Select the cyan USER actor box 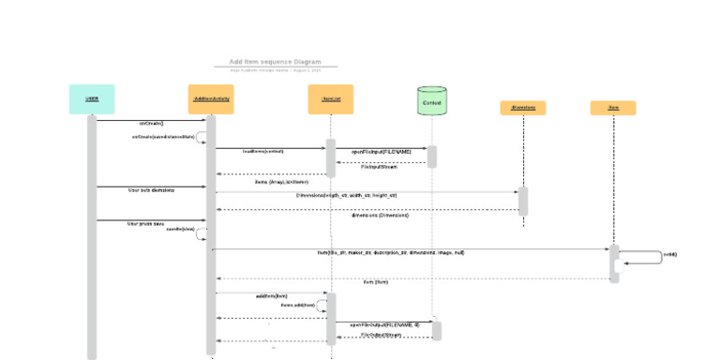point(92,98)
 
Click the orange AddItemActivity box point(211,98)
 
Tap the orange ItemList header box point(330,98)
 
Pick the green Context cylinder point(431,101)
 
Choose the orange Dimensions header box point(522,108)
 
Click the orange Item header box point(613,108)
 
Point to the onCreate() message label point(152,123)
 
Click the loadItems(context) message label point(262,151)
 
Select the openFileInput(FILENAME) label point(382,151)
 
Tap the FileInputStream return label point(380,167)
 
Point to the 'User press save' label point(145,223)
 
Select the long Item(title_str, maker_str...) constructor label point(390,252)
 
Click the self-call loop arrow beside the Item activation point(647,257)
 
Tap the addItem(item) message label point(271,296)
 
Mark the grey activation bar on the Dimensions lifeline point(523,201)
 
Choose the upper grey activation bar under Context point(432,156)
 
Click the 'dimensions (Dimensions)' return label point(380,215)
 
